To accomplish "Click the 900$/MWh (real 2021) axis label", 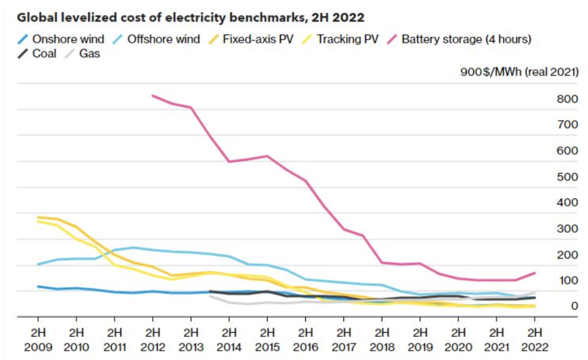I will click(519, 72).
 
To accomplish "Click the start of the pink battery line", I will click(153, 96).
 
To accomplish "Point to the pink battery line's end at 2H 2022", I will click(535, 273).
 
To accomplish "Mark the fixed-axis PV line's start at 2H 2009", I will click(38, 217).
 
